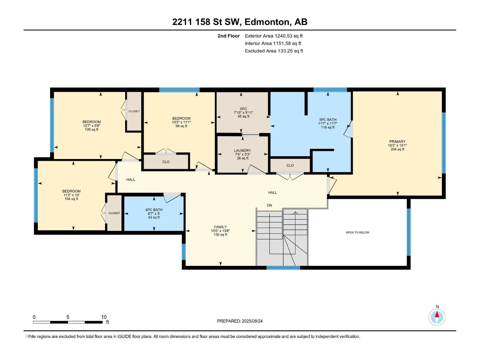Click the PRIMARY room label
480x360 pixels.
coord(397,141)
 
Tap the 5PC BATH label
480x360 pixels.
coord(328,120)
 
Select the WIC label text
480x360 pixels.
coord(243,109)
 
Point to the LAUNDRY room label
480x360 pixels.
coord(242,150)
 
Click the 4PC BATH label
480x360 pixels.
coord(154,210)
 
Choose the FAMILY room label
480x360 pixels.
coord(220,227)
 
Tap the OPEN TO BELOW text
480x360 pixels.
coord(357,232)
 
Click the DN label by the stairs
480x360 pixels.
coord(269,205)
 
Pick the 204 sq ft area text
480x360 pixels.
coord(397,149)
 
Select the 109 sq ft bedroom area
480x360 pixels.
coord(91,129)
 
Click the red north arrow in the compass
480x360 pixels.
coord(437,314)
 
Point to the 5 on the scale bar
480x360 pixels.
coord(68,317)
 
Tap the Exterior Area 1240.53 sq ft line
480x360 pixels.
coord(274,36)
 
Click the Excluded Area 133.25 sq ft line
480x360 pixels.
coord(274,51)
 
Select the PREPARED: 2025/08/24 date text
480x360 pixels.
coord(240,321)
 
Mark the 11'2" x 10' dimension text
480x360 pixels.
coord(71,195)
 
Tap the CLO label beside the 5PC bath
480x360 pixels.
coord(290,166)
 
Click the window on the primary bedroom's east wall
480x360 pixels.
coord(444,143)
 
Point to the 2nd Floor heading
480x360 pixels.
coord(229,36)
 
